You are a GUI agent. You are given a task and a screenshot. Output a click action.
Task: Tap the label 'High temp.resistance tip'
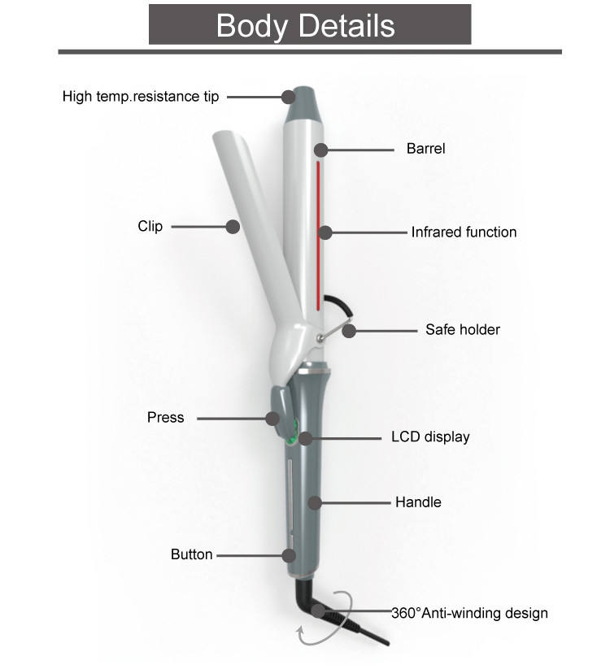141,97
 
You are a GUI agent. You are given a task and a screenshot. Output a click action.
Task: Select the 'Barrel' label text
425,149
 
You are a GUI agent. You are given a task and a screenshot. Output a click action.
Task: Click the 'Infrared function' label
464,232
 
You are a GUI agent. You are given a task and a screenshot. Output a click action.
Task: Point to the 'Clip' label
150,226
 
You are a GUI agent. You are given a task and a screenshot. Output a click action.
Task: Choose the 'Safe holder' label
463,329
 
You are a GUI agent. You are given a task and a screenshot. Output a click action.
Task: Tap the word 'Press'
166,417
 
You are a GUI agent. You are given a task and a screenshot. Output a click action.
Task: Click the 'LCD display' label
430,437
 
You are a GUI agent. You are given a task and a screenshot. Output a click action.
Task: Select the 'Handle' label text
418,502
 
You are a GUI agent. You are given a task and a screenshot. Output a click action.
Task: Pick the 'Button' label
192,554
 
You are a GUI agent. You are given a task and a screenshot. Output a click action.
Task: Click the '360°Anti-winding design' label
469,613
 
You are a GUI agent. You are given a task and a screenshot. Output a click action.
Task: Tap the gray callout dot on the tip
289,97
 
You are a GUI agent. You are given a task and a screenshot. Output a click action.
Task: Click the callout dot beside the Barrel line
321,150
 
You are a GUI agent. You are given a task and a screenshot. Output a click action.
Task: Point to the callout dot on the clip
233,227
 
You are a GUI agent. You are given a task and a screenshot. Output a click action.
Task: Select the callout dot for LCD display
306,438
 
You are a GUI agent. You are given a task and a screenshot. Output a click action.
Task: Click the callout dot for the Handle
315,503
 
